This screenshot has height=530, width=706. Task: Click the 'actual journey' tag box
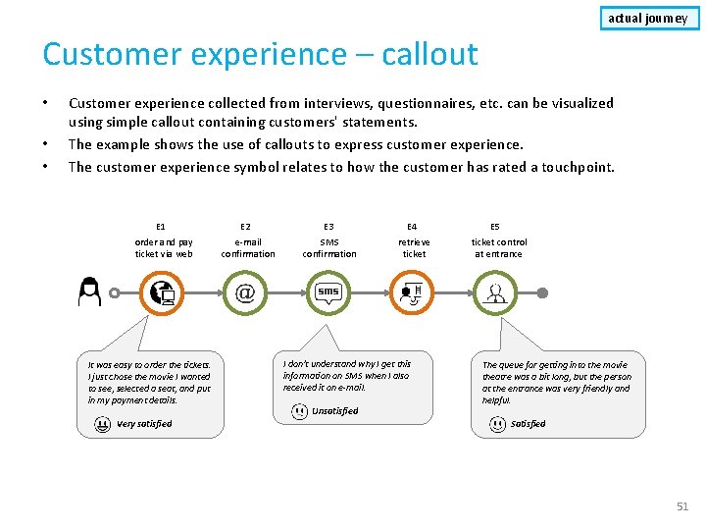[647, 18]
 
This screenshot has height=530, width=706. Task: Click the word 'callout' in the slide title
[418, 54]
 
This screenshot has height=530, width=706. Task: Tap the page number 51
[682, 506]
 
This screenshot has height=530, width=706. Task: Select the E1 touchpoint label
[161, 227]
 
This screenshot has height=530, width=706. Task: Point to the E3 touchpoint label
[328, 227]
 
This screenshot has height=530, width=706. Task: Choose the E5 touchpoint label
[495, 227]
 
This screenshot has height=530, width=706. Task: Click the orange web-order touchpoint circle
[161, 292]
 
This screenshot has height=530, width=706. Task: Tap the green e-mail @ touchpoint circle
[245, 292]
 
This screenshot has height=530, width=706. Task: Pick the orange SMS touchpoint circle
[328, 292]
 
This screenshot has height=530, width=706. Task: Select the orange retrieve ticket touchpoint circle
[412, 292]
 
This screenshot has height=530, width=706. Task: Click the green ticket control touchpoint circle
[496, 292]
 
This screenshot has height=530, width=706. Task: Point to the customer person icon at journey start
[90, 291]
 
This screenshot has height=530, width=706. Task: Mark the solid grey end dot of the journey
[542, 292]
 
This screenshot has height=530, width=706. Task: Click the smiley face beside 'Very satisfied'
[103, 424]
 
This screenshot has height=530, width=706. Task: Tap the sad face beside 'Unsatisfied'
[299, 411]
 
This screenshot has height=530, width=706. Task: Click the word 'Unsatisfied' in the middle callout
[334, 411]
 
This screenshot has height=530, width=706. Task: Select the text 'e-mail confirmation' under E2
[247, 247]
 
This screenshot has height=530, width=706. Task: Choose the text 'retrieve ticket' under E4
[414, 247]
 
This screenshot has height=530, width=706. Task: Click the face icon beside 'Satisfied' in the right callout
[498, 424]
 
